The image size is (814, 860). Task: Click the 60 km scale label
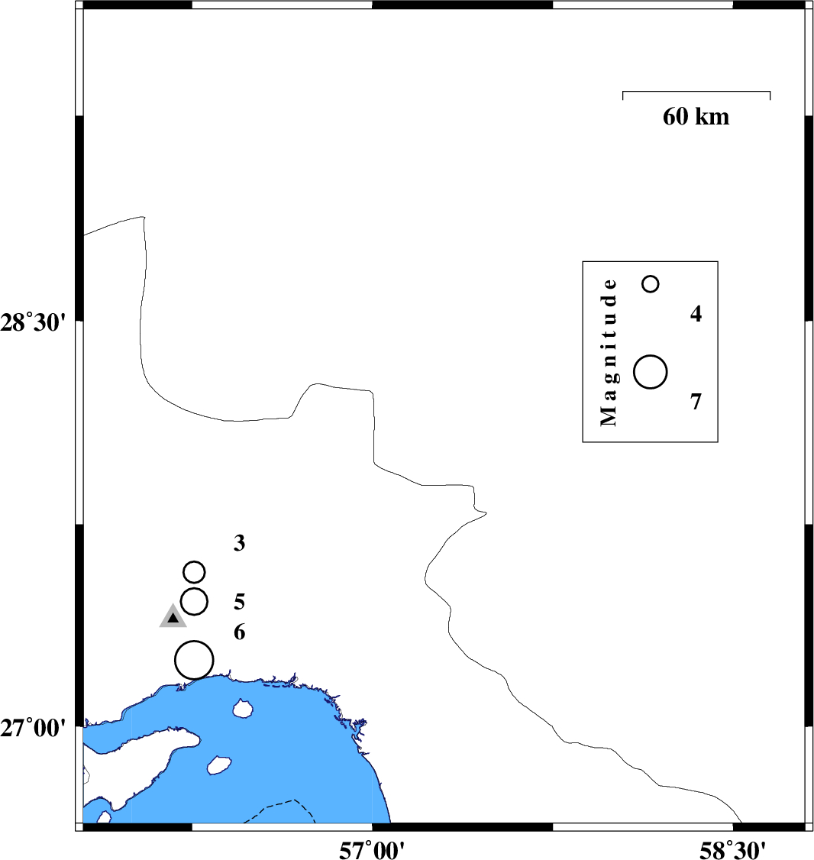[x=696, y=117]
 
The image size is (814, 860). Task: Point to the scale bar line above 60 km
[x=696, y=92]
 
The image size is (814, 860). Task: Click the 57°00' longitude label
[x=372, y=849]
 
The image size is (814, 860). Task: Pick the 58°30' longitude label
[x=732, y=849]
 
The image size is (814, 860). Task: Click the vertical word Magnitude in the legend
[x=608, y=351]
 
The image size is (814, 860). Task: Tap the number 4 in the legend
[x=696, y=314]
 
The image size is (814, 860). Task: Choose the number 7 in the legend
[x=696, y=402]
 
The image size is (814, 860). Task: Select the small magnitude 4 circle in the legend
[x=651, y=284]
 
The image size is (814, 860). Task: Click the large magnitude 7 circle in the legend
[x=651, y=372]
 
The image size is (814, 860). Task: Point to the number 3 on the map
[x=239, y=544]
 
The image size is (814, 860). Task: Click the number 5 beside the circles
[x=239, y=602]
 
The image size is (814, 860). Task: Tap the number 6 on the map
[x=239, y=632]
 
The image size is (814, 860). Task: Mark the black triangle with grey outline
[x=173, y=617]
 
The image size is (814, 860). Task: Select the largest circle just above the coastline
[x=194, y=660]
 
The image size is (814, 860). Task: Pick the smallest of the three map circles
[x=194, y=571]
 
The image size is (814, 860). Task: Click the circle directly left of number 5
[x=194, y=601]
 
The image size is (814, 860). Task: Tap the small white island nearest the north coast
[x=243, y=710]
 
